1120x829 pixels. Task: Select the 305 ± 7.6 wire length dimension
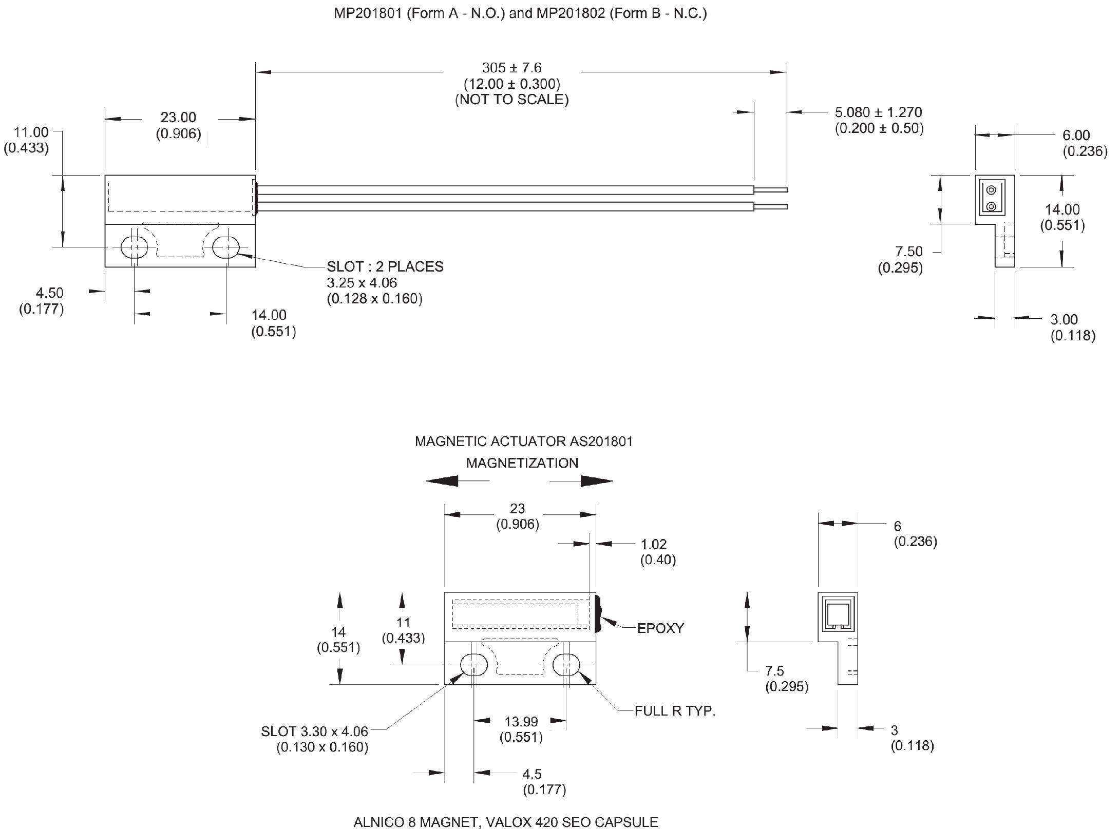click(x=512, y=68)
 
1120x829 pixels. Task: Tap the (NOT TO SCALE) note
click(x=512, y=100)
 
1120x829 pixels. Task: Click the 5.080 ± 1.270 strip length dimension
click(x=878, y=112)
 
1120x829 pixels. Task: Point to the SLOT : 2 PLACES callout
click(x=385, y=267)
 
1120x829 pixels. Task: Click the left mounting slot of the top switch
click(x=135, y=247)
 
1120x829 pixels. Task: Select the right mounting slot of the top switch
click(x=226, y=247)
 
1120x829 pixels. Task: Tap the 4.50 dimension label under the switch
click(x=49, y=293)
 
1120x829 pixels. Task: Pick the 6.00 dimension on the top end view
click(x=1076, y=136)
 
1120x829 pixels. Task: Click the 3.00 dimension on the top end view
click(x=1064, y=320)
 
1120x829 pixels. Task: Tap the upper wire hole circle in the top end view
click(x=992, y=190)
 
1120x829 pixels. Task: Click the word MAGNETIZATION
click(x=522, y=463)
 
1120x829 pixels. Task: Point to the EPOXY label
click(x=660, y=628)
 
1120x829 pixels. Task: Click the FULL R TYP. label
click(x=675, y=711)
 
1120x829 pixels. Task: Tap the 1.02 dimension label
click(x=654, y=544)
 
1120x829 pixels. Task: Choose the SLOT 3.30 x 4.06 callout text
click(x=314, y=731)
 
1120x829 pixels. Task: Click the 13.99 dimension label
click(x=521, y=722)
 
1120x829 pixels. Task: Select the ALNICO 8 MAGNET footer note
click(x=506, y=822)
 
